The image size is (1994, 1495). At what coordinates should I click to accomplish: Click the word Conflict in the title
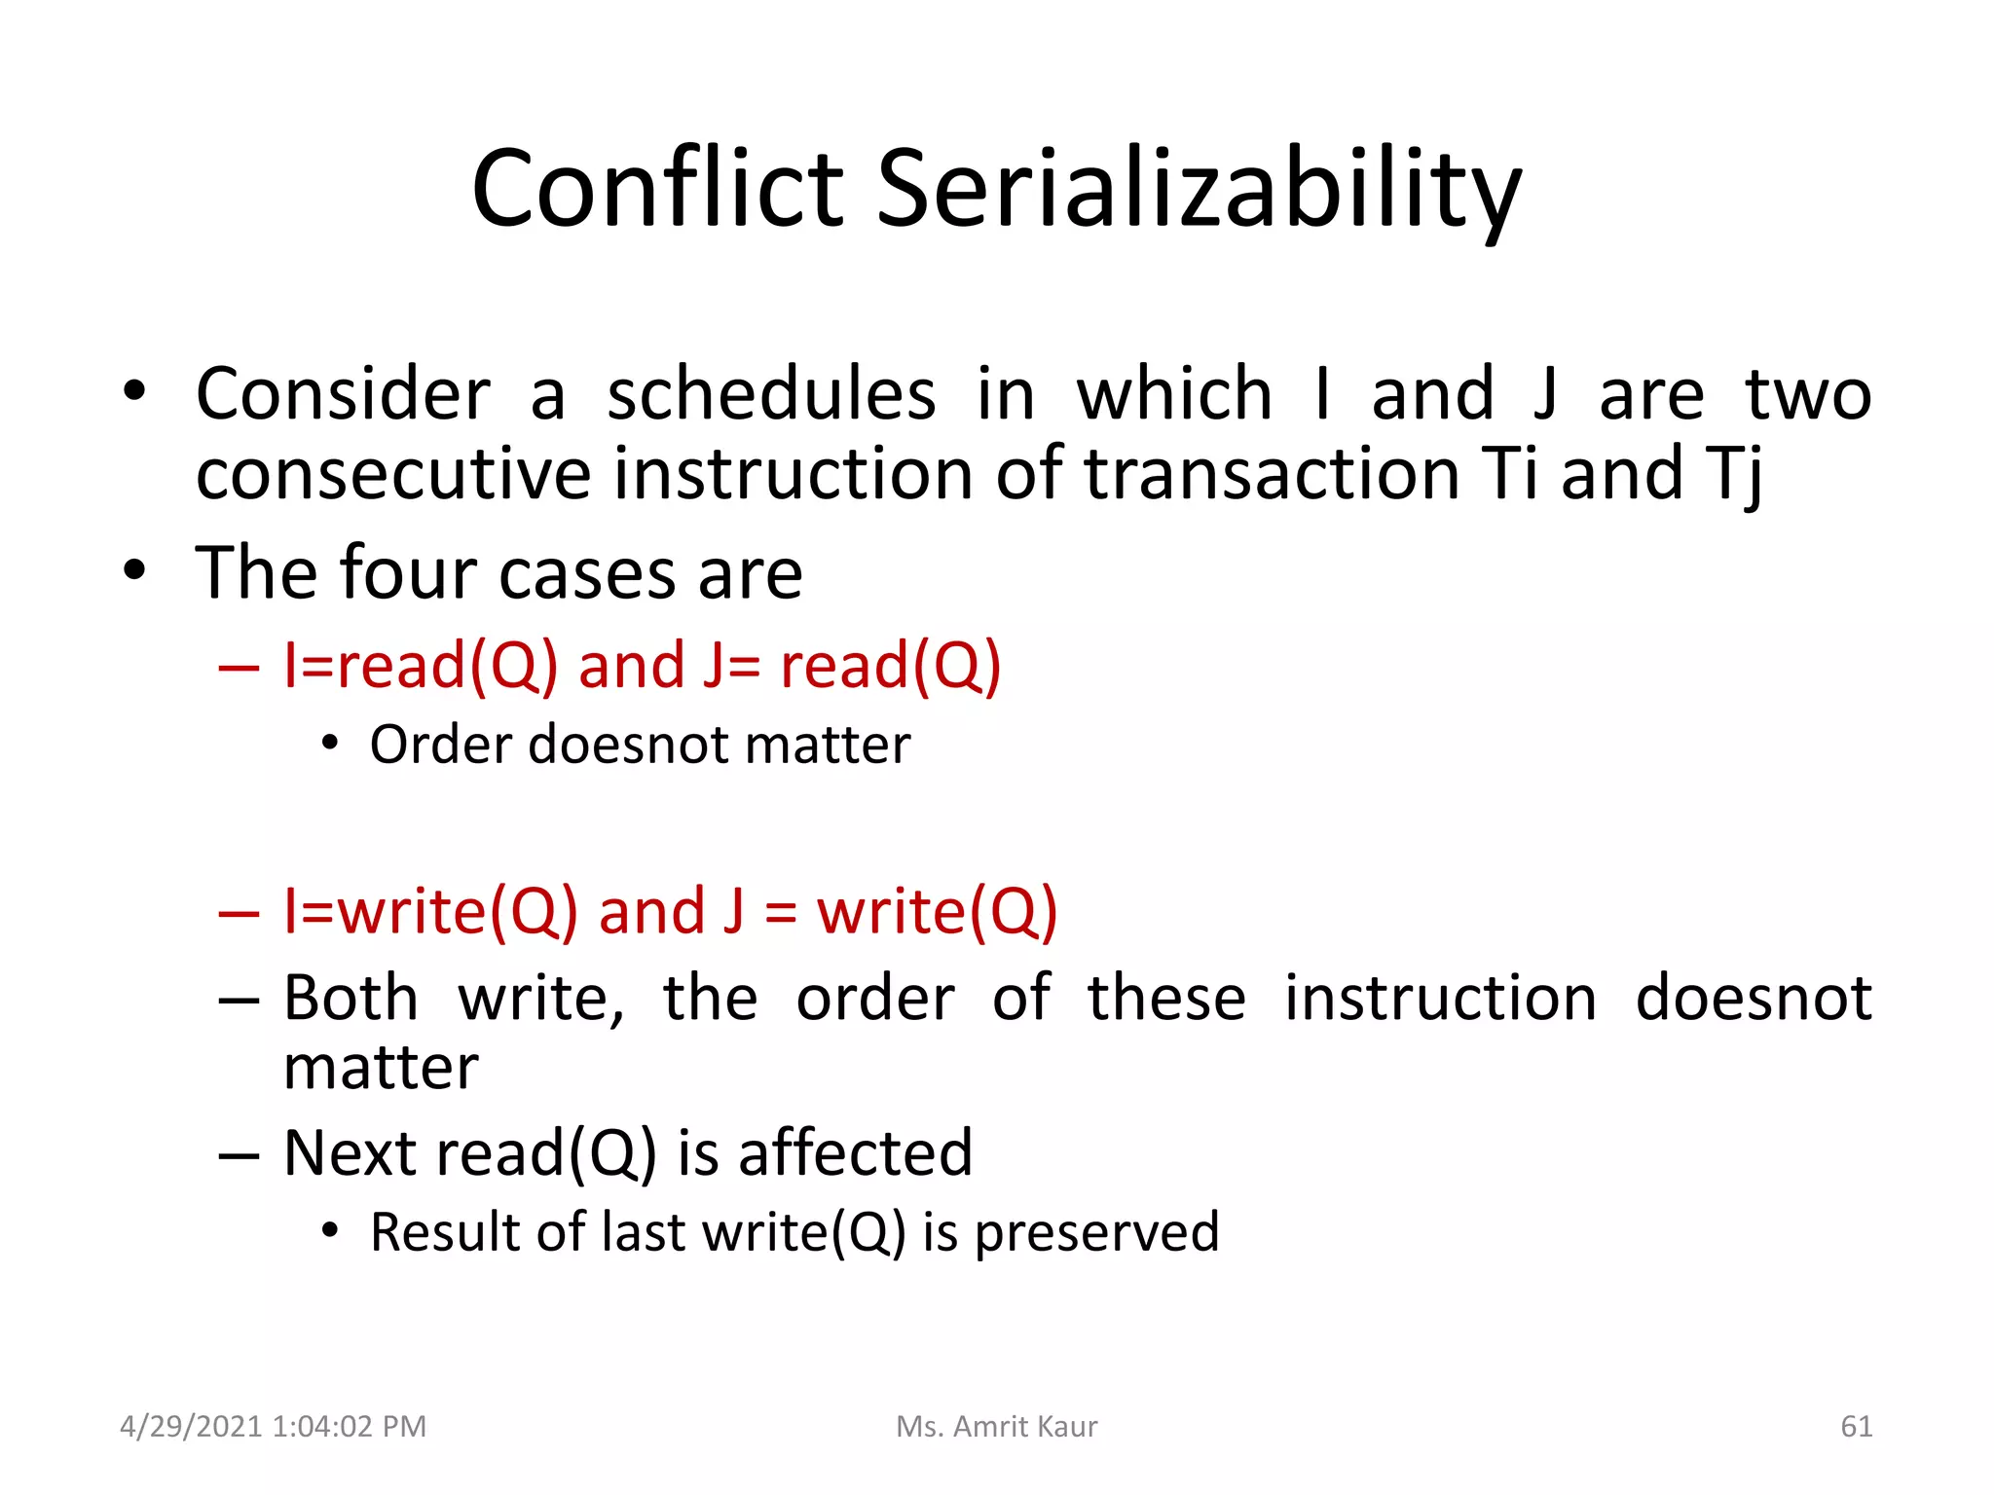pos(657,188)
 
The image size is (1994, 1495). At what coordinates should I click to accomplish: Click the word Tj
pos(1734,474)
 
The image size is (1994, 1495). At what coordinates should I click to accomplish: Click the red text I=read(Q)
pos(421,667)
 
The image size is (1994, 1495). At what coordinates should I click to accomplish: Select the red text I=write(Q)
pos(430,912)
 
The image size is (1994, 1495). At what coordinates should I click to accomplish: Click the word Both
pos(351,999)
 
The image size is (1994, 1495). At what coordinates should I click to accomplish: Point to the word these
pos(1166,999)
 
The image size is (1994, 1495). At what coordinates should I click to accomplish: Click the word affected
pos(855,1152)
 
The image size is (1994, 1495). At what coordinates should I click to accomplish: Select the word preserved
pos(1096,1233)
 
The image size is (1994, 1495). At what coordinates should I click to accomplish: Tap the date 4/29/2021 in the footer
pos(191,1427)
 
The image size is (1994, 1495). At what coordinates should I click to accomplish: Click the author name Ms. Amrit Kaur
pos(996,1427)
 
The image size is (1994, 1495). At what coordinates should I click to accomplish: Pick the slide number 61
pos(1856,1427)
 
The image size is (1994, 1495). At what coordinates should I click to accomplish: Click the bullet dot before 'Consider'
pos(134,393)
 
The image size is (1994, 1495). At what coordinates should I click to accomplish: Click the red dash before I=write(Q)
pos(240,914)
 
